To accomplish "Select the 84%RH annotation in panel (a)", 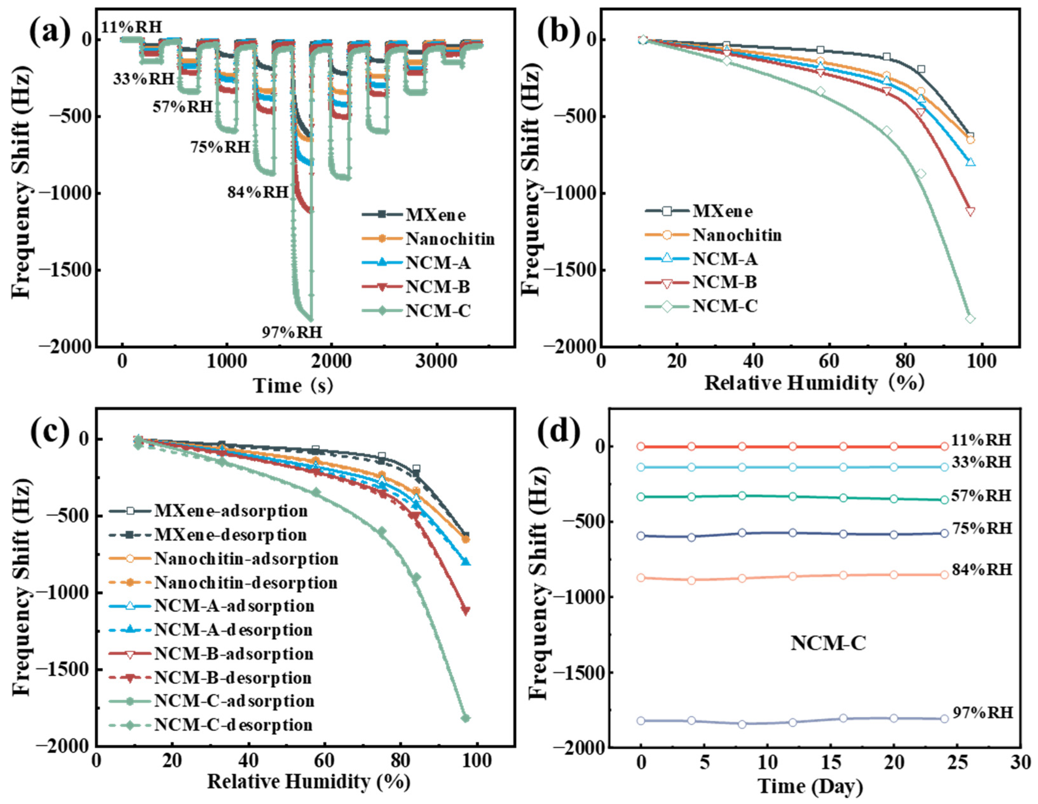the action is (x=258, y=192).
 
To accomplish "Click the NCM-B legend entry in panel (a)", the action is (x=437, y=287).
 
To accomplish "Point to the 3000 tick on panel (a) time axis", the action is (x=436, y=362).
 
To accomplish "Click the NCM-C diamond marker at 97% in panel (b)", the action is (x=970, y=319).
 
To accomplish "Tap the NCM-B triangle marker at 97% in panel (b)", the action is (x=970, y=211).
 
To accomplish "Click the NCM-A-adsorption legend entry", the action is (x=234, y=606).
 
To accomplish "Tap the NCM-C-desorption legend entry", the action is (x=233, y=725).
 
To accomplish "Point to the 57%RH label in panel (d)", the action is (x=981, y=495).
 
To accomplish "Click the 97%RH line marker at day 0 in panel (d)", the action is (x=641, y=721).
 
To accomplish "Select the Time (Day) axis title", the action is (x=810, y=786).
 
